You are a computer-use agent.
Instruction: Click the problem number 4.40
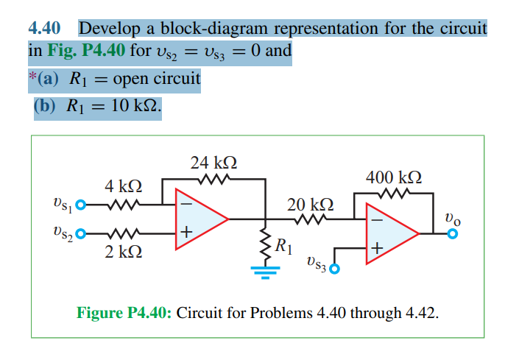click(43, 29)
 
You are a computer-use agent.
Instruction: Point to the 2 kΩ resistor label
click(123, 253)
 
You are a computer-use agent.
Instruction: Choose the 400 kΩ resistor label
click(393, 177)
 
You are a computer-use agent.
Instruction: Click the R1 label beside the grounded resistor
click(283, 246)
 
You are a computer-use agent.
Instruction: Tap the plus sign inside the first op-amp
click(187, 233)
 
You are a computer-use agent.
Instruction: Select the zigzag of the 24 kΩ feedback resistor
click(213, 180)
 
